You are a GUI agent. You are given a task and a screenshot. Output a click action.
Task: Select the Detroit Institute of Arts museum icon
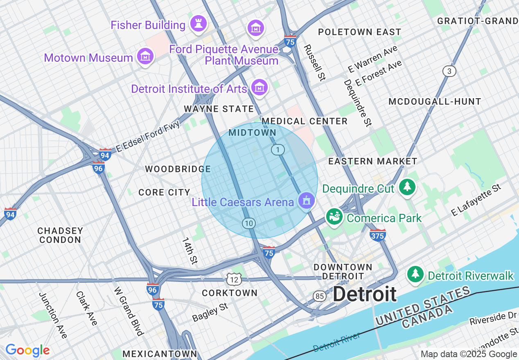[259, 88]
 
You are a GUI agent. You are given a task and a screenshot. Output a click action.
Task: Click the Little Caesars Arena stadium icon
[306, 200]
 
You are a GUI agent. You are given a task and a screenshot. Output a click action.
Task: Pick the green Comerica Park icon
[334, 217]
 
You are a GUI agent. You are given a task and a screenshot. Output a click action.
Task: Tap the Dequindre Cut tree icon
[407, 187]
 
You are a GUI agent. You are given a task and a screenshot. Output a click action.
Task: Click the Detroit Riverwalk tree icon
[416, 274]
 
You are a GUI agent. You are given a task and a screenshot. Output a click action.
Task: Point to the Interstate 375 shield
[377, 235]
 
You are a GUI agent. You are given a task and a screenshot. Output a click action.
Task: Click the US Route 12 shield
[235, 280]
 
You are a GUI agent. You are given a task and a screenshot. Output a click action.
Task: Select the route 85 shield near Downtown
[320, 296]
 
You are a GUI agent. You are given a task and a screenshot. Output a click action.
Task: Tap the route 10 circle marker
[248, 223]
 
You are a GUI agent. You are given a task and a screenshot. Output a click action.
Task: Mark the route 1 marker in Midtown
[278, 150]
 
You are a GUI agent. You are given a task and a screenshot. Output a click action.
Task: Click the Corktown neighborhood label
[230, 293]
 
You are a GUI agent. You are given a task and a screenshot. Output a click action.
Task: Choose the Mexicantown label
[160, 353]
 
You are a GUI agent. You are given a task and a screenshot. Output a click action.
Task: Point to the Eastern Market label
[372, 162]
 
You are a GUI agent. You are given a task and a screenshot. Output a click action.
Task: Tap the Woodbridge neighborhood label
[178, 169]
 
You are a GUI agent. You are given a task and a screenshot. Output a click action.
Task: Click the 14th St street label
[190, 250]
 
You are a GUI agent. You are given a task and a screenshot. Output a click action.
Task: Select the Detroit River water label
[337, 342]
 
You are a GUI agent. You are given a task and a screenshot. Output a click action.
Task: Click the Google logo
[27, 350]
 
